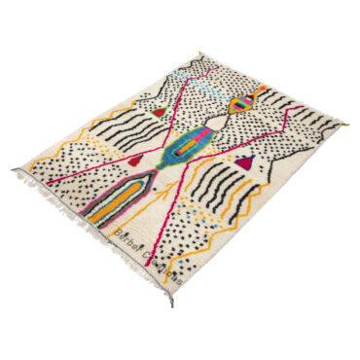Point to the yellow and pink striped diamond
pyautogui.click(x=246, y=101)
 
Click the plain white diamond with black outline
pyautogui.click(x=240, y=126)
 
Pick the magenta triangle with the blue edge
pyautogui.click(x=246, y=162)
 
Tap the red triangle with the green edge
pyautogui.click(x=160, y=112)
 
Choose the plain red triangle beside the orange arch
pyautogui.click(x=137, y=159)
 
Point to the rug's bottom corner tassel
pyautogui.click(x=171, y=297)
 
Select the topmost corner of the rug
pyautogui.click(x=200, y=55)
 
